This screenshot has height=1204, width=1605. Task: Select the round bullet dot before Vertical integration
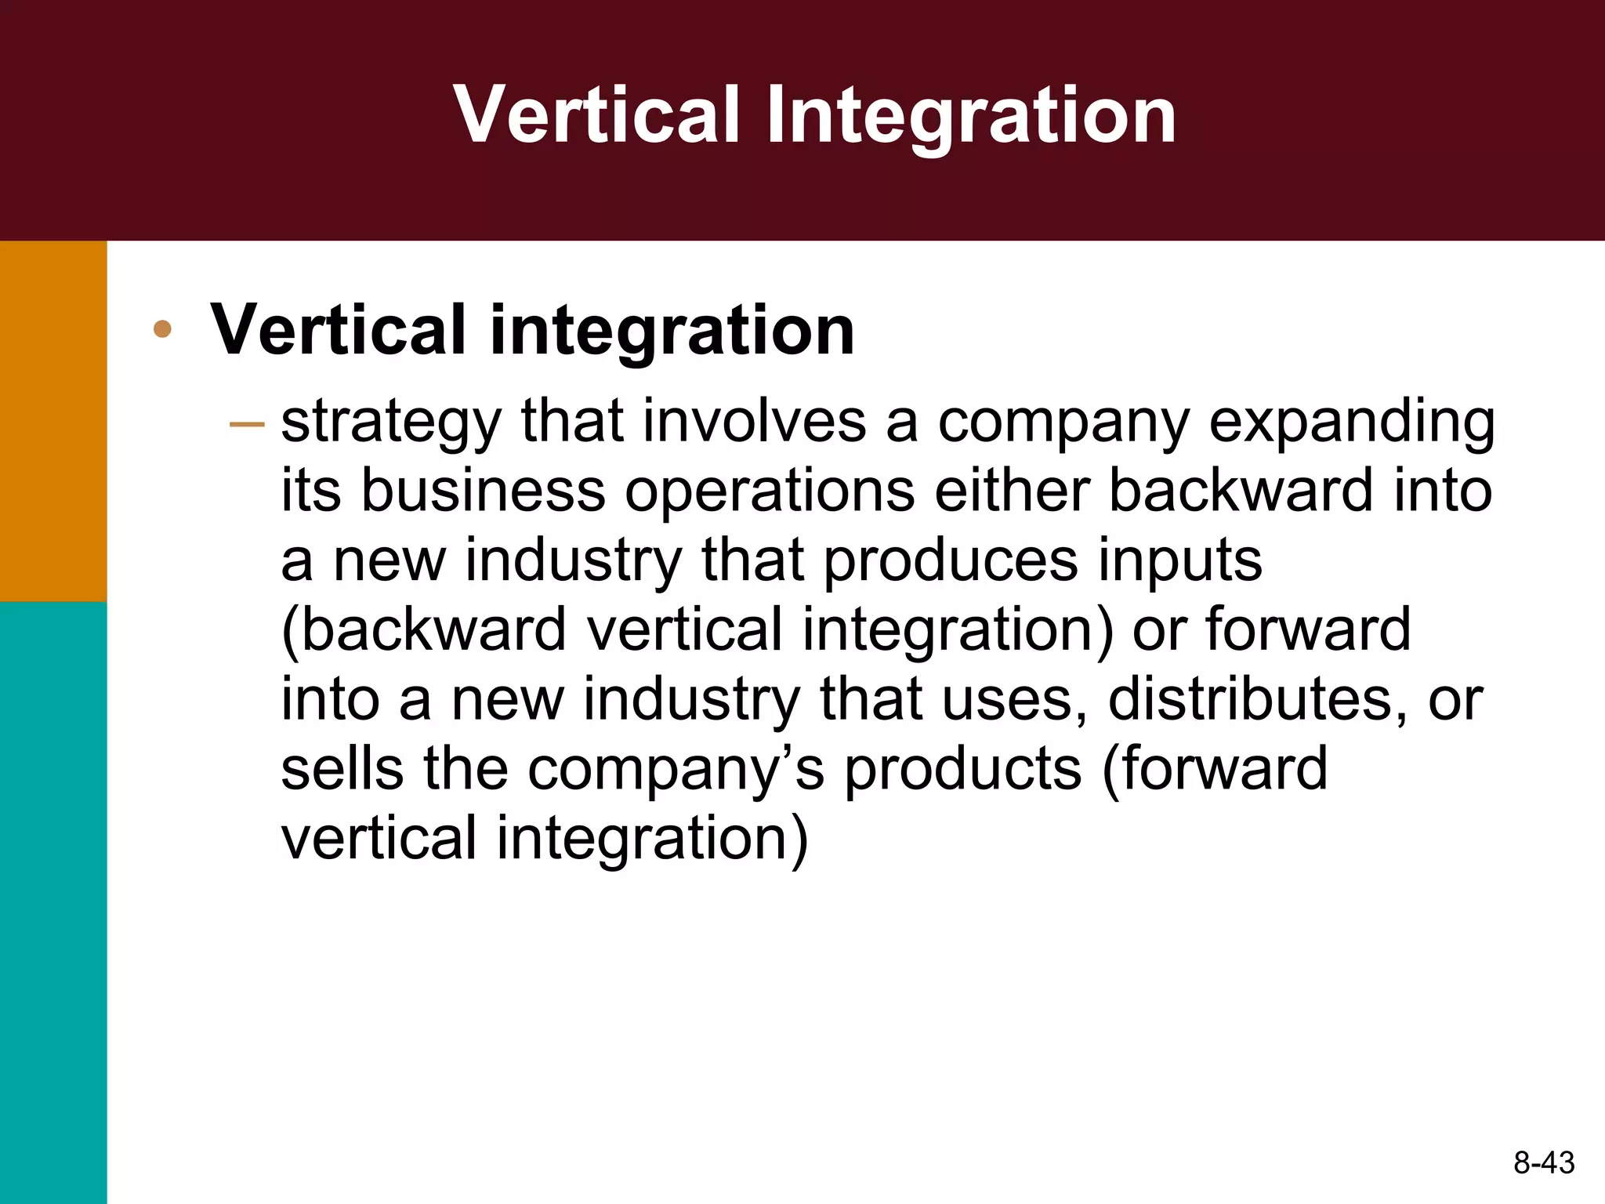point(162,329)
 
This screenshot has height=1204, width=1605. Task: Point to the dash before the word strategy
point(247,424)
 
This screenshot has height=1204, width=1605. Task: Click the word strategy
point(390,423)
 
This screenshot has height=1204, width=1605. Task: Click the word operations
point(770,492)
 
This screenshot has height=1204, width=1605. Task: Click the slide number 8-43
point(1543,1162)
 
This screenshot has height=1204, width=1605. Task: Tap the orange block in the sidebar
point(53,421)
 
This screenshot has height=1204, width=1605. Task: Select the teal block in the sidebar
point(53,901)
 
